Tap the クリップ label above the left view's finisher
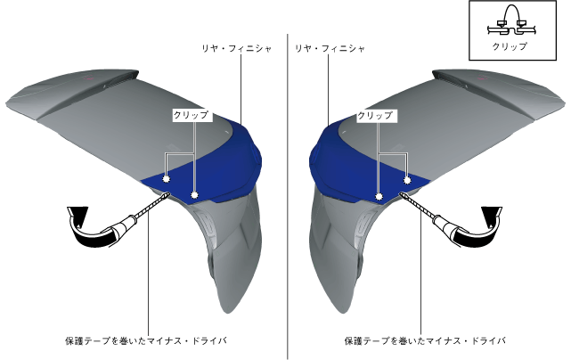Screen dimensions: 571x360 coord(191,115)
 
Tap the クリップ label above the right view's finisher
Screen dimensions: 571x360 coord(375,115)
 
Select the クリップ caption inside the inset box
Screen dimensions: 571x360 coord(510,46)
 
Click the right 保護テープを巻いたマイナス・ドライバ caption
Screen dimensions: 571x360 coord(425,340)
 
